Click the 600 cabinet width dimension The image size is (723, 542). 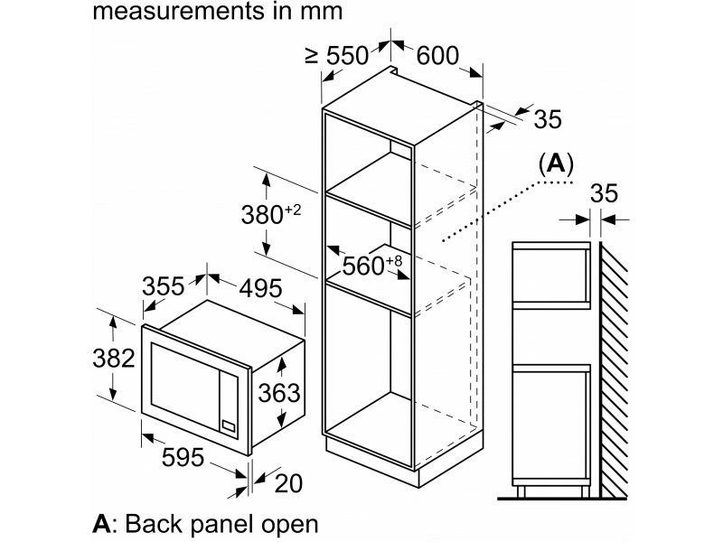(437, 55)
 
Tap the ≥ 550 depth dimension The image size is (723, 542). (337, 56)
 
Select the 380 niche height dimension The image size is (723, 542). (270, 214)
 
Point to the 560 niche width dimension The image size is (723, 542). (372, 266)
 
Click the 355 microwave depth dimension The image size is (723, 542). (164, 286)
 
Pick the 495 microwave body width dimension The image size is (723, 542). (260, 288)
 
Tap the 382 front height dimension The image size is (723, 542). (114, 358)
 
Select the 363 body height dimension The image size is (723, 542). (279, 393)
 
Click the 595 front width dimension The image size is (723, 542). (183, 457)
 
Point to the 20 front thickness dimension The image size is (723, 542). (288, 483)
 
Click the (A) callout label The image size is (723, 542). (556, 164)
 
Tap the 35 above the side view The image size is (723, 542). (604, 193)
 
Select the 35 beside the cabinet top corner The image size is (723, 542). (548, 119)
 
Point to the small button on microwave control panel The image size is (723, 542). (229, 425)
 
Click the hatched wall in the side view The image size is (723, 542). (614, 369)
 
